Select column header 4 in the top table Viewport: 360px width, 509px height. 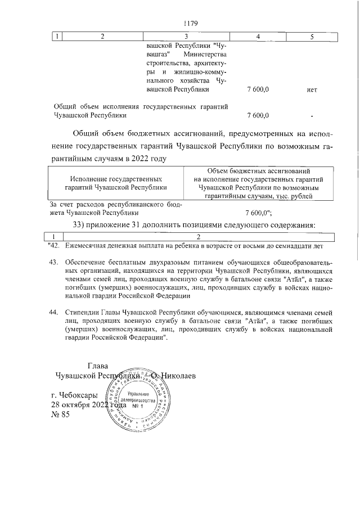tap(257, 37)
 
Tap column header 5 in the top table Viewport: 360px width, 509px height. tap(312, 37)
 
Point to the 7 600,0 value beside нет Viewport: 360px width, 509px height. tap(258, 89)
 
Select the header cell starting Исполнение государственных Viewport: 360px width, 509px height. tap(116, 183)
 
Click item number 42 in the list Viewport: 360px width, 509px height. tap(54, 245)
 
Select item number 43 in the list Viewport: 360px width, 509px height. tap(54, 262)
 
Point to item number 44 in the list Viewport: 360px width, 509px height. tap(54, 312)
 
